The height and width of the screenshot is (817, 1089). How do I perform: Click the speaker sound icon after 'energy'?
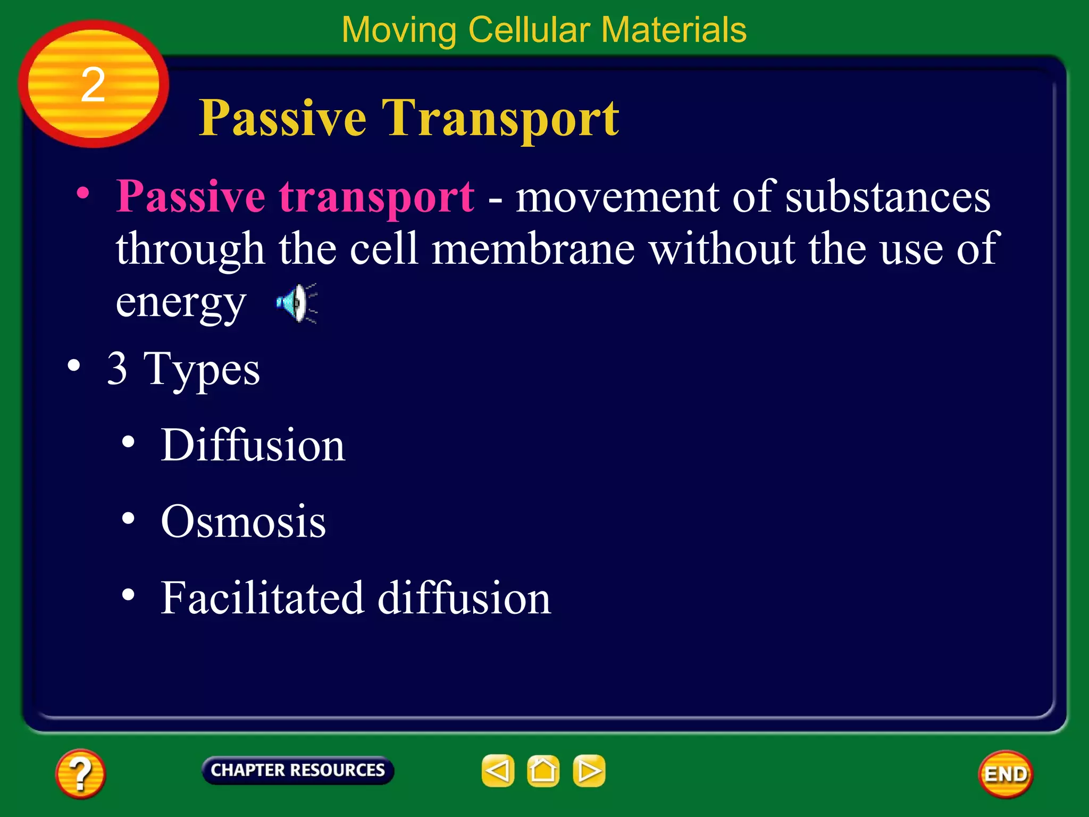point(297,303)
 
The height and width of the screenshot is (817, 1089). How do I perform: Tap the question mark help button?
point(80,774)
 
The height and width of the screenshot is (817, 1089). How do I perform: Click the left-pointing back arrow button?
point(498,771)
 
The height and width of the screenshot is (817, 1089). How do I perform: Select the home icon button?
point(543,771)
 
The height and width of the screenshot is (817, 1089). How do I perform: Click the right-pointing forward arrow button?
point(589,771)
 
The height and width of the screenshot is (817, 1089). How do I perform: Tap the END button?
point(1006,774)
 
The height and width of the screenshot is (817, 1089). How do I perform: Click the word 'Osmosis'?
point(243,522)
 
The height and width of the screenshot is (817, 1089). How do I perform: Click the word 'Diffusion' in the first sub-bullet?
point(253,445)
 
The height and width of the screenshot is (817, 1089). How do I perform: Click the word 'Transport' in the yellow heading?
point(500,118)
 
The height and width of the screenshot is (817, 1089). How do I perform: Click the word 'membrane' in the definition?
point(533,249)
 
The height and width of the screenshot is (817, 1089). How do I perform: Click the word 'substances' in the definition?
point(887,197)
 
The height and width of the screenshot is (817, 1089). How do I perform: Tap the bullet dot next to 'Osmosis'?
point(128,518)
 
